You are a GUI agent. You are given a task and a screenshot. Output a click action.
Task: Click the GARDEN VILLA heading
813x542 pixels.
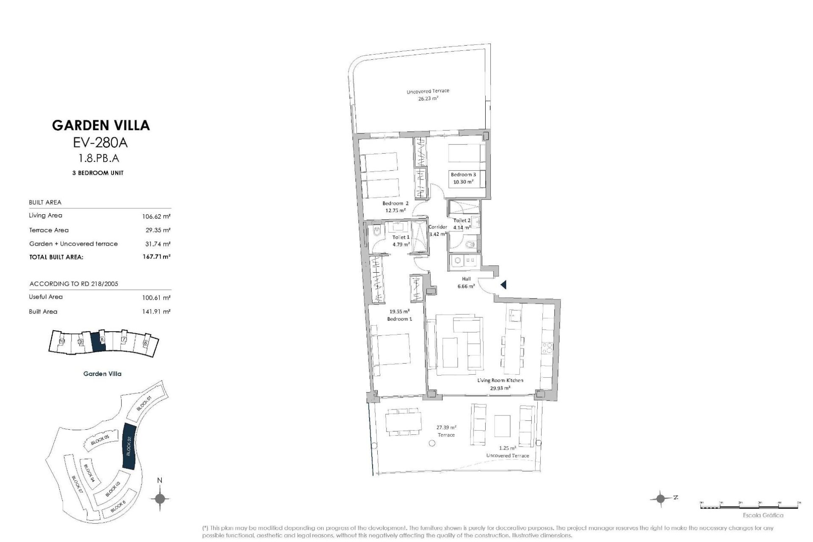click(101, 125)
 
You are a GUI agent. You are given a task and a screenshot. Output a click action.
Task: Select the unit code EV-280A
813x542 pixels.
click(100, 143)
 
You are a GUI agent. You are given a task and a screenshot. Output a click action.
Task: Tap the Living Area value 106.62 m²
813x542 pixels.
click(156, 216)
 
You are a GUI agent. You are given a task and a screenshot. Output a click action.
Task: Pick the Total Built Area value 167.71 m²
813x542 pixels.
click(156, 257)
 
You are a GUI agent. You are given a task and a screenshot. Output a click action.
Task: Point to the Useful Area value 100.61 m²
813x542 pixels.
click(156, 298)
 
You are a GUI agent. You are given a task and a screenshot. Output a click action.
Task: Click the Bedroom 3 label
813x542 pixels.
click(463, 174)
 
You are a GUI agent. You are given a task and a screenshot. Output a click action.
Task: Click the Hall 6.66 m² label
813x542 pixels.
click(466, 282)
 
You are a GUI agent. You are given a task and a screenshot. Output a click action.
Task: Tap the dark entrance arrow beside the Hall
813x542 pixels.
click(503, 285)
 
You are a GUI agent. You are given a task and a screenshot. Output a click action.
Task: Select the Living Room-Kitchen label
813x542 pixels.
click(500, 380)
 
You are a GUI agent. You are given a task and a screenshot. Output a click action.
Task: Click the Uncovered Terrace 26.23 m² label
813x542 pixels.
click(428, 94)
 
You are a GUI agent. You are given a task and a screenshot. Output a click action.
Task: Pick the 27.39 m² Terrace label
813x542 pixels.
click(446, 431)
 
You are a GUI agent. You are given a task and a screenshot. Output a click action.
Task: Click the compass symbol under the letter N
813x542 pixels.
click(160, 498)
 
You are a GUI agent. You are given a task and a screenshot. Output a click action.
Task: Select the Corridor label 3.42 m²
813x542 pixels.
click(438, 230)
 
